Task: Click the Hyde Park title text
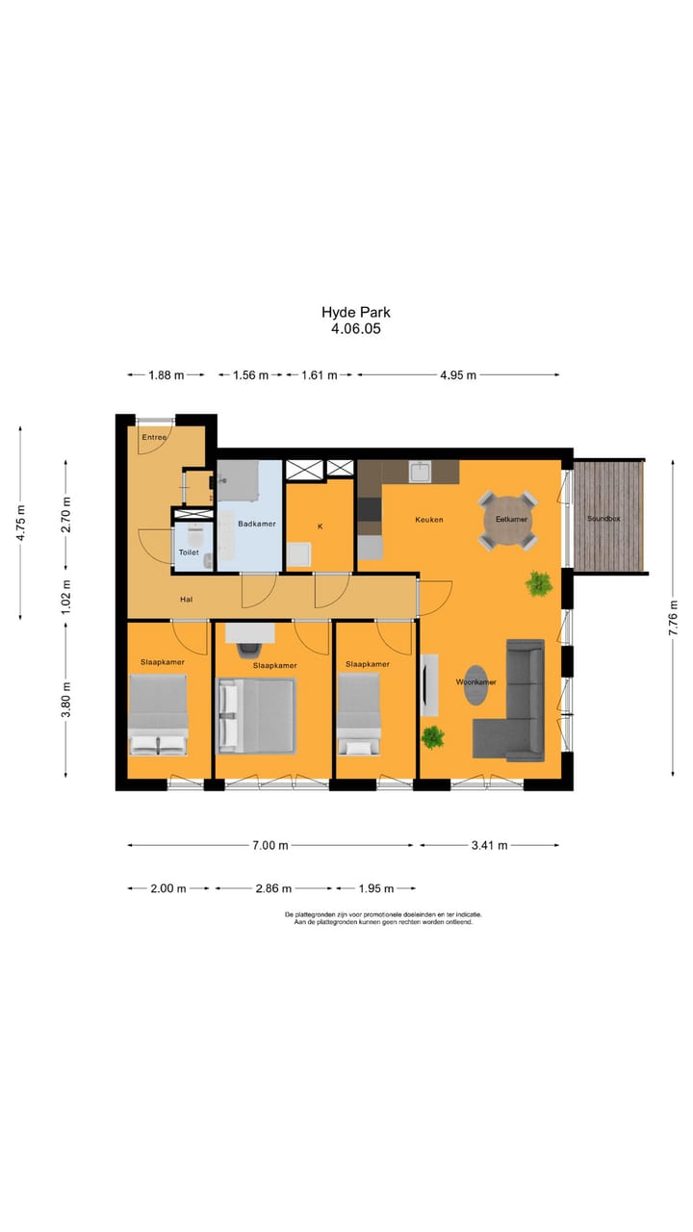pos(356,312)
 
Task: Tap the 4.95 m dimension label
pos(458,375)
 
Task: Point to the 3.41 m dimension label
pos(488,845)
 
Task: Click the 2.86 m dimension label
pos(272,888)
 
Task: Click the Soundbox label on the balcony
pos(603,520)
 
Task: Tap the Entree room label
pos(154,438)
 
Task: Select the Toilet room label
pos(189,552)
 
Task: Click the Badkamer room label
pos(257,524)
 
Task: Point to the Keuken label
pos(429,520)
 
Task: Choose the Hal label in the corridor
pos(187,600)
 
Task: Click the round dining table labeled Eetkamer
pos(510,522)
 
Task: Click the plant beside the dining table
pos(538,582)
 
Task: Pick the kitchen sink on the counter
pos(420,472)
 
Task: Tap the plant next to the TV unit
pos(433,737)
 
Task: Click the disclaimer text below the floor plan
pos(383,918)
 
